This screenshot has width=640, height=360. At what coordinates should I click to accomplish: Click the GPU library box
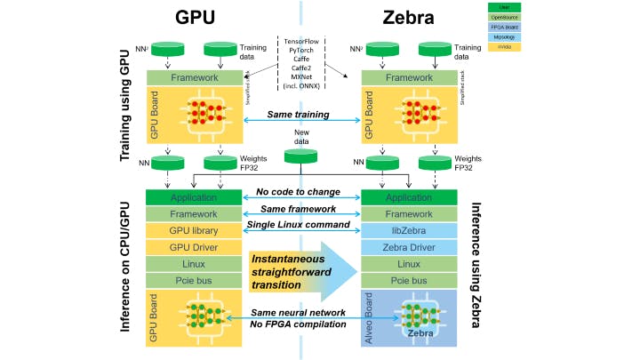click(x=193, y=230)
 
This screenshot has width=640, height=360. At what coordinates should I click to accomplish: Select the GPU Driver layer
click(x=193, y=247)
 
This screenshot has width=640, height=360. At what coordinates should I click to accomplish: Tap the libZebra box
click(x=408, y=230)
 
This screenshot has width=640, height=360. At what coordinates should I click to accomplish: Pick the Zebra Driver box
click(x=408, y=247)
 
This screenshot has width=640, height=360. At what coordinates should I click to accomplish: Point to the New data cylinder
click(x=301, y=156)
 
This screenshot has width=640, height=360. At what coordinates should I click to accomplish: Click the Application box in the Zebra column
click(x=408, y=197)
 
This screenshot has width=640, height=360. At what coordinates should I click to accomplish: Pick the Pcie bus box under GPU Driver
click(x=193, y=280)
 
